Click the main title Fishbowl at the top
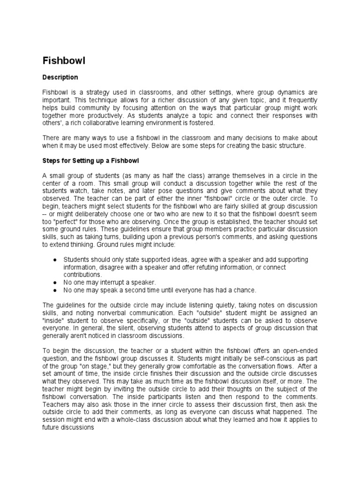point(63,60)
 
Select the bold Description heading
point(60,77)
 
